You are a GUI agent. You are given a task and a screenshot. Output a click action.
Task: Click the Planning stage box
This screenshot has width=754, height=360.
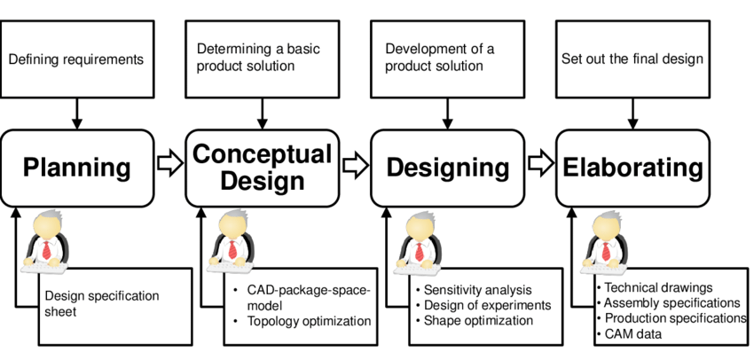point(76,168)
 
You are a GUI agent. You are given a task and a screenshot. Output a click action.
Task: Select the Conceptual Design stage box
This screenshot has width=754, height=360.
point(261,168)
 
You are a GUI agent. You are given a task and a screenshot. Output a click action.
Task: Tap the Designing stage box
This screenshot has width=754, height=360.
point(447,168)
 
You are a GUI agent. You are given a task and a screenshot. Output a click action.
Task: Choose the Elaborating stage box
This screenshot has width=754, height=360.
point(632,168)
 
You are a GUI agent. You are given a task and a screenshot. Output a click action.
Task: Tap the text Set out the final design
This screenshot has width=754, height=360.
point(632,59)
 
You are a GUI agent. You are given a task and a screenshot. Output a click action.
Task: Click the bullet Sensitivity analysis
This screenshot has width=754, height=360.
point(477,290)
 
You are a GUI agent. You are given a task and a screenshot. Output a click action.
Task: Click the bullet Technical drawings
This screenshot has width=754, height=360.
point(657,287)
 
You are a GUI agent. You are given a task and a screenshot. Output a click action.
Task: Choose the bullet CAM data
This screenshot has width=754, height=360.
point(632,333)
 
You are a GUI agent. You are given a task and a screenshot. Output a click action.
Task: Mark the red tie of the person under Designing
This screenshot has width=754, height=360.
point(419,250)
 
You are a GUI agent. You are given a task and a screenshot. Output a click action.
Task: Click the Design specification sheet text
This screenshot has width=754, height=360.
point(101,302)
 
